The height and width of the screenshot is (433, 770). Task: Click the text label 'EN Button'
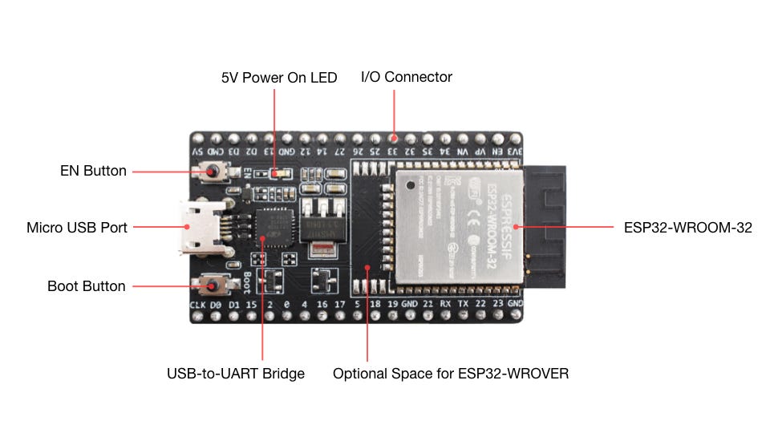pos(93,171)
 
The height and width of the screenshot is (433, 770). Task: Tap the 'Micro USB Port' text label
pos(77,228)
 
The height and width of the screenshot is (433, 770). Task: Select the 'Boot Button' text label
pos(87,286)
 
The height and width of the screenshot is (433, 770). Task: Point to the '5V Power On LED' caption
pos(279,78)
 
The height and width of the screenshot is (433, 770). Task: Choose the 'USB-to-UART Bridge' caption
pos(236,374)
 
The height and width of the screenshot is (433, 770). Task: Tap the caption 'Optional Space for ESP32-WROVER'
pos(451,374)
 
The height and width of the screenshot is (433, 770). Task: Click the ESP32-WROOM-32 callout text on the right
pos(688,228)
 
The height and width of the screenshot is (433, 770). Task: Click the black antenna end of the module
pos(545,226)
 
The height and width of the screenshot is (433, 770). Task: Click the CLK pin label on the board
pos(198,305)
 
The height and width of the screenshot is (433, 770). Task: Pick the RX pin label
pos(447,305)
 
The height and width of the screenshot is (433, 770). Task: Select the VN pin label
pos(463,151)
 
